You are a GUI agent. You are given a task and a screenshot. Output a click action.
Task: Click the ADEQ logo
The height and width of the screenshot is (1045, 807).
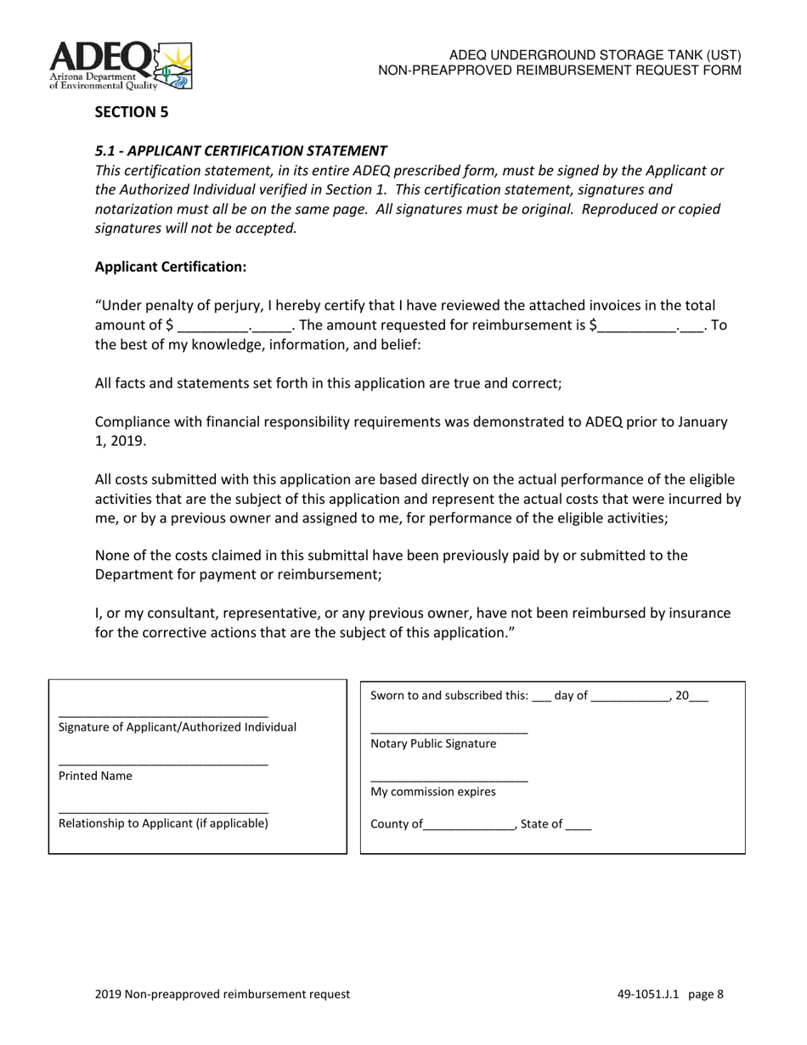click(x=121, y=65)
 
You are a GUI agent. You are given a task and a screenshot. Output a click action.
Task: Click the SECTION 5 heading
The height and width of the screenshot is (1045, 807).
click(x=131, y=112)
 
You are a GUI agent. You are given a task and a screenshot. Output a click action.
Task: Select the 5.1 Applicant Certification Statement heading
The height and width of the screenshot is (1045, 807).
click(x=240, y=150)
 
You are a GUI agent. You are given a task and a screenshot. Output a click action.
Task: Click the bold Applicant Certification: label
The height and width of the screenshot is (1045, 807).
click(x=170, y=267)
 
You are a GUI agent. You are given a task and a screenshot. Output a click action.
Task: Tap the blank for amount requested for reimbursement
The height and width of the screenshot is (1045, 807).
click(x=637, y=327)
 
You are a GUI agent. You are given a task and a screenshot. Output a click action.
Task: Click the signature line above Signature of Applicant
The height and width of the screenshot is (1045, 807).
click(x=163, y=715)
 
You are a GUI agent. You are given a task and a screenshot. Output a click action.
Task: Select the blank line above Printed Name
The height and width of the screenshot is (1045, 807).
click(x=163, y=765)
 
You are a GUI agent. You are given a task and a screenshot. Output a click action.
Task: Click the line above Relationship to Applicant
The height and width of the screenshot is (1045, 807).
click(x=163, y=812)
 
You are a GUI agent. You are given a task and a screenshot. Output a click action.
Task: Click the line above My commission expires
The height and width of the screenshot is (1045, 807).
click(x=449, y=781)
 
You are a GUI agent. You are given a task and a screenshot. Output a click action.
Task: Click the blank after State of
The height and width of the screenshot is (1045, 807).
click(x=578, y=826)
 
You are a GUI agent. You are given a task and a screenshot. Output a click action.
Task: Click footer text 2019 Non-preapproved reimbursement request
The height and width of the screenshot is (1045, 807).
click(x=222, y=994)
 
